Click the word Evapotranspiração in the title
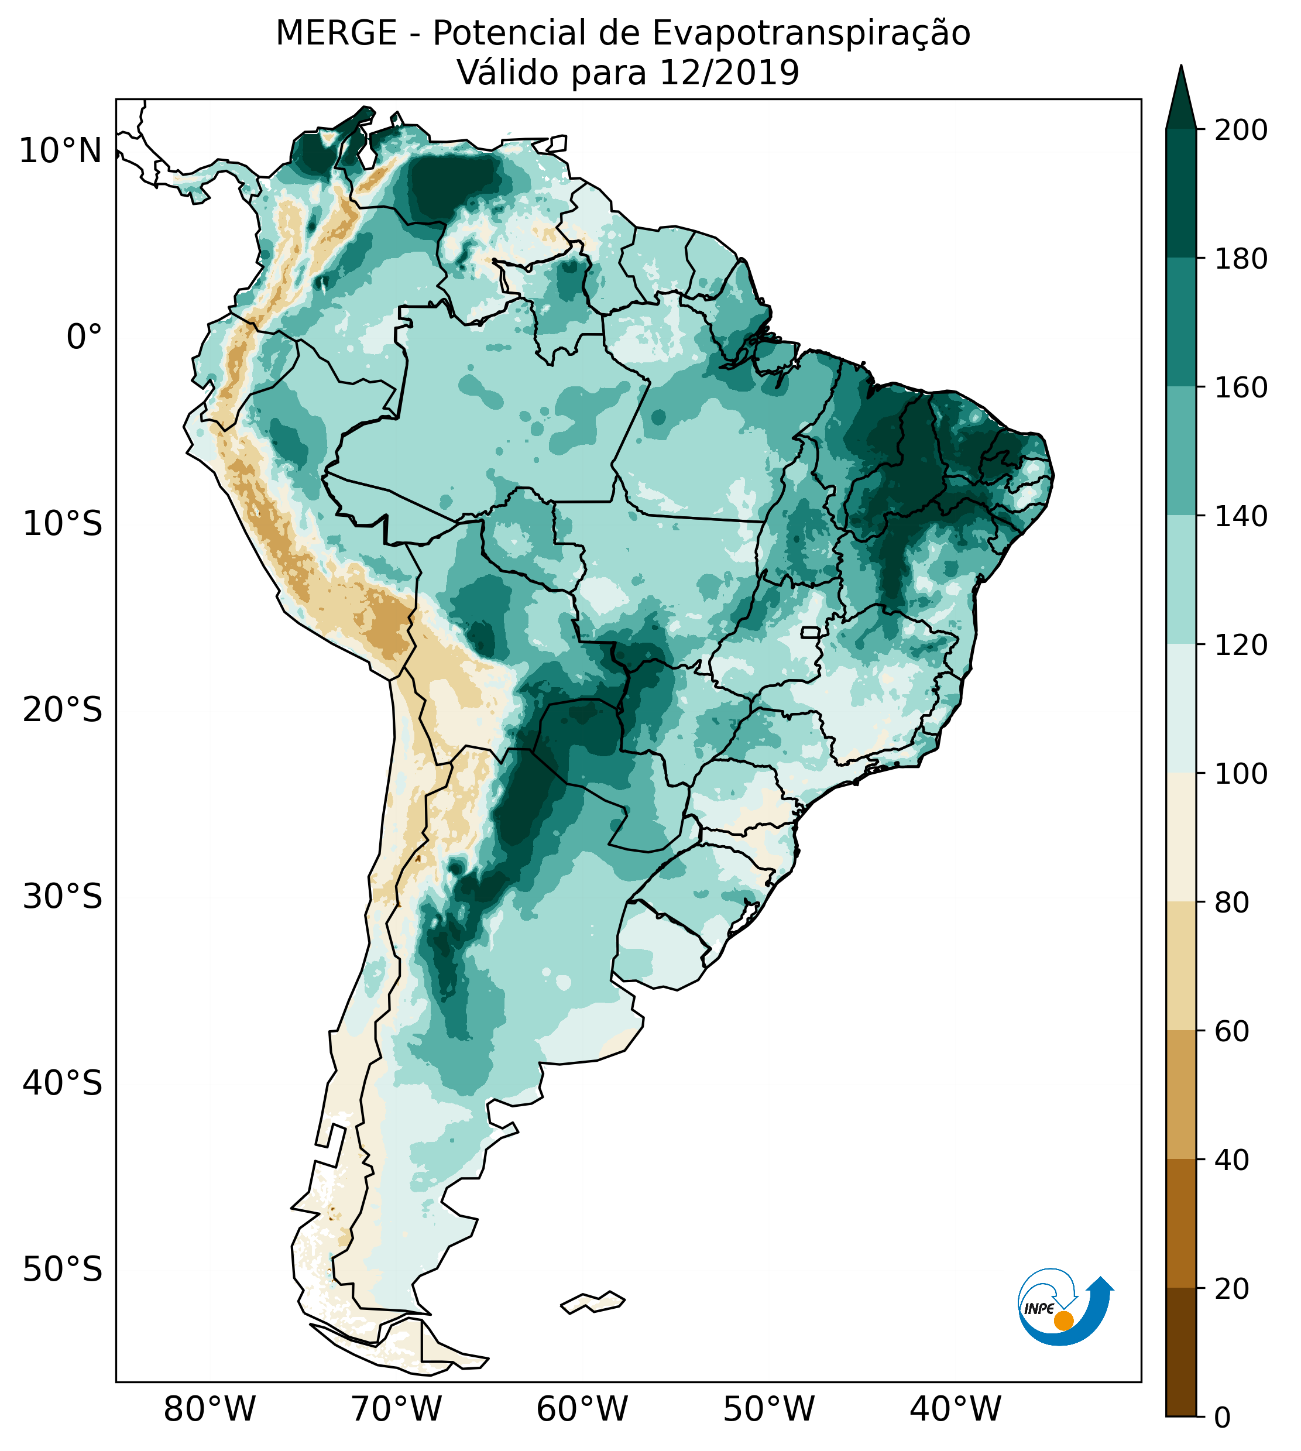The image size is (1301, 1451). (x=811, y=33)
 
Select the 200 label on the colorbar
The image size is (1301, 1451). (x=1242, y=131)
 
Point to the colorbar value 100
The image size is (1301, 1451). (x=1242, y=774)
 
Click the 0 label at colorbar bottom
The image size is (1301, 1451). (x=1223, y=1418)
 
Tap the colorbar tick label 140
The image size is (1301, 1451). (x=1242, y=517)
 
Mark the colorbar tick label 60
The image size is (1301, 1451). (x=1233, y=1031)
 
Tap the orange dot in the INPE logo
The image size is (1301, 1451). (x=1063, y=1320)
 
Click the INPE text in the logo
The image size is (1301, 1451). (x=1039, y=1309)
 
